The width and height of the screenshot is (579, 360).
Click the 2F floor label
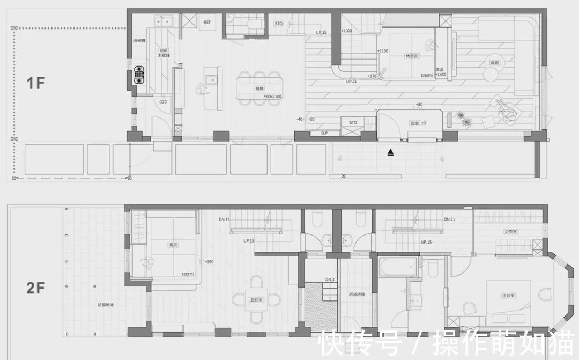(36, 288)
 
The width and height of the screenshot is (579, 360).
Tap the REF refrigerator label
(207, 23)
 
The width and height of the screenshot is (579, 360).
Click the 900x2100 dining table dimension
(273, 97)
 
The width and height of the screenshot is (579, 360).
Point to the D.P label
(324, 133)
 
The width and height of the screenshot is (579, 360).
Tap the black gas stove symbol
(139, 75)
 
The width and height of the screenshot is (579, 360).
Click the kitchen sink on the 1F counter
(163, 21)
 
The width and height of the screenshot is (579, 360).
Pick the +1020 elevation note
(346, 31)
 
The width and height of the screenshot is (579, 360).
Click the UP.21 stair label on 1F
(352, 82)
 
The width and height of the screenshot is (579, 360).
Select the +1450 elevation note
(440, 75)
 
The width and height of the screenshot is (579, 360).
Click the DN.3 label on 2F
(330, 280)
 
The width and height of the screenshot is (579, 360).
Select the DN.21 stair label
(449, 219)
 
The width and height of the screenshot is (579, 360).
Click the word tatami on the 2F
(188, 274)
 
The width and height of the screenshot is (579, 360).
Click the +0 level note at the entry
(423, 123)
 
